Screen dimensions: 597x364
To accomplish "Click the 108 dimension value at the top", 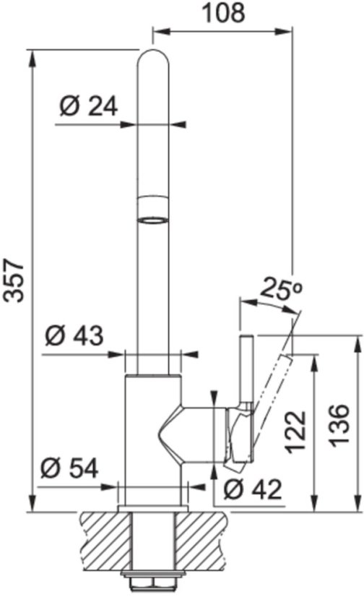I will click(x=221, y=12).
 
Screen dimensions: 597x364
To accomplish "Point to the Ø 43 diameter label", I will click(x=74, y=336).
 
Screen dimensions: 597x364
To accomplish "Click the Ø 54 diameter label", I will click(x=70, y=468).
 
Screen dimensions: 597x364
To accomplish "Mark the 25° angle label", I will click(x=280, y=289).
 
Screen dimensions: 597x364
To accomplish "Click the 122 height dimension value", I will click(x=297, y=432).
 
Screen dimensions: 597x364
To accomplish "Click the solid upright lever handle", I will click(x=244, y=376).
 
